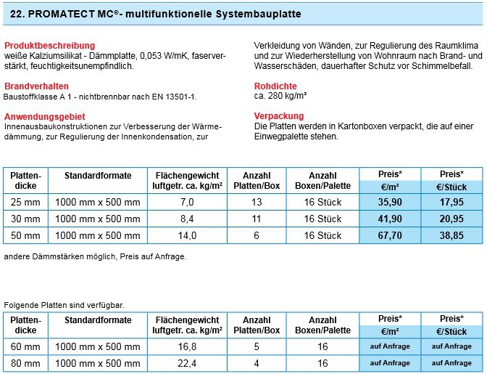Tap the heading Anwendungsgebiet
point(43,116)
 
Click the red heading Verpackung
point(279,115)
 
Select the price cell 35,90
point(390,203)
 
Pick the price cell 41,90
point(390,219)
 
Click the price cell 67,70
point(390,235)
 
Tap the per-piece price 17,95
point(451,203)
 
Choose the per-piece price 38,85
point(451,235)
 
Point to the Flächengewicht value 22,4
point(187,362)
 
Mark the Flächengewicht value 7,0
point(187,203)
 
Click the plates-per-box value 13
point(257,203)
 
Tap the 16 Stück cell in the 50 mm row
point(322,235)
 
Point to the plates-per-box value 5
point(257,346)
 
